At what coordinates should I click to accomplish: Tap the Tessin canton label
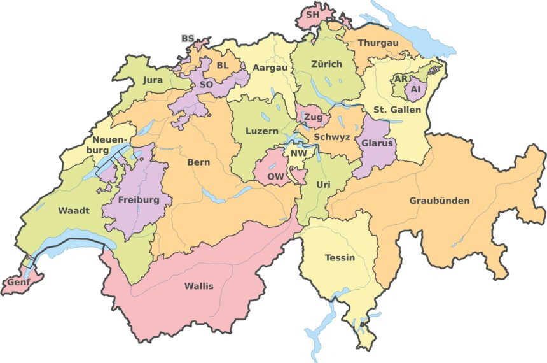pos(340,258)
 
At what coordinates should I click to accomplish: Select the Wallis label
pos(198,286)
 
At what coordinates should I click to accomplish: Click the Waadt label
pos(74,210)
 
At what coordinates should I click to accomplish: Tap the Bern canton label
pos(198,162)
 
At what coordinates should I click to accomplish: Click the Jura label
pos(153,80)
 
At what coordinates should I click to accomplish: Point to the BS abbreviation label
pos(188,39)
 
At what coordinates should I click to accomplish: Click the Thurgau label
pos(378,43)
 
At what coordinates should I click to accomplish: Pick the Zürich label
pos(326,64)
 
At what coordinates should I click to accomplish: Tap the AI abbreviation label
pos(416,90)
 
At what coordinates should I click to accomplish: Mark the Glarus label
pos(378,143)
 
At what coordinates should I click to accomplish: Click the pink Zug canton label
pos(312,118)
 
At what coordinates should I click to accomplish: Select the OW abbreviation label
pos(275,176)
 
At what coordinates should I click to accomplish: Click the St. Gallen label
pos(397,110)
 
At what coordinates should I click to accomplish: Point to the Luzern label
pos(262,131)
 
